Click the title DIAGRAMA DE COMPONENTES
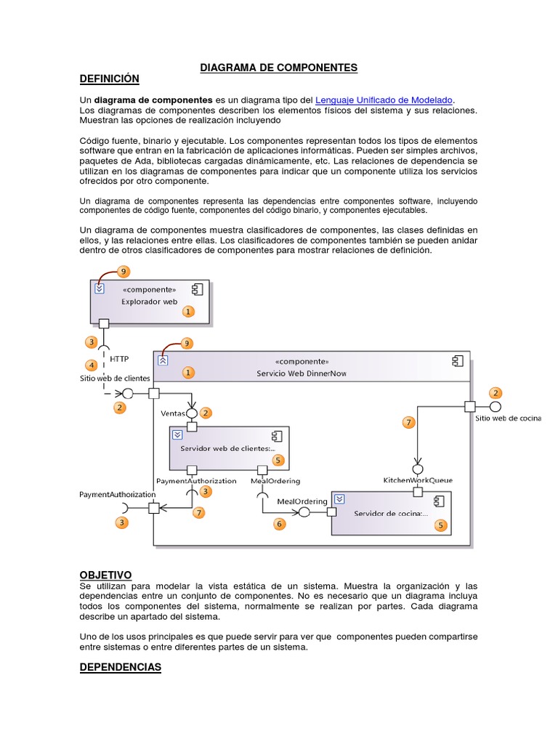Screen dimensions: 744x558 279,68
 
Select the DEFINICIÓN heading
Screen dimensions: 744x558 109,78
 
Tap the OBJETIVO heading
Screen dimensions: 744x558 105,575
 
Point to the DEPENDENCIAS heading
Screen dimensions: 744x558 120,667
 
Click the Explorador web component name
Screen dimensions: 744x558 149,301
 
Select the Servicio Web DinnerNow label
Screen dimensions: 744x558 302,373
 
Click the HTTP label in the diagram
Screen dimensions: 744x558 118,358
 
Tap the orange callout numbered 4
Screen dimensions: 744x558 92,365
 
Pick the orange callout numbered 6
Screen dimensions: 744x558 279,523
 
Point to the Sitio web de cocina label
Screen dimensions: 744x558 508,418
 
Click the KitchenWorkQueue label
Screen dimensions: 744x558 418,480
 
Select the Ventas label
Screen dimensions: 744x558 173,413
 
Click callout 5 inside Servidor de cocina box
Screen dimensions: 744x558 440,525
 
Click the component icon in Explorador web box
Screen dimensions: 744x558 196,289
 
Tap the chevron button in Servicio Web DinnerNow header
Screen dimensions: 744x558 163,360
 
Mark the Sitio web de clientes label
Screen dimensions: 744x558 115,378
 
